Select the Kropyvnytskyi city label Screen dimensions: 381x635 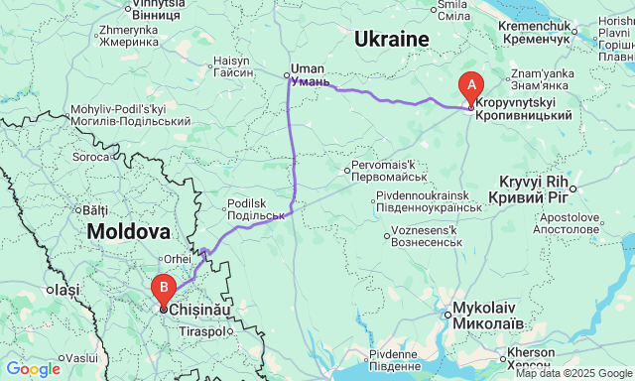[x=523, y=109]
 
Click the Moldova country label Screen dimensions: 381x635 [x=128, y=231]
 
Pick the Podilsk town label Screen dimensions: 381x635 [x=256, y=209]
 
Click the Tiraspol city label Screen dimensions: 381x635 [x=202, y=331]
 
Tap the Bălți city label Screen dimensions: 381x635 [x=94, y=210]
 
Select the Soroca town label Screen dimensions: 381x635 [x=91, y=157]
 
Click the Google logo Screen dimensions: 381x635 [x=32, y=369]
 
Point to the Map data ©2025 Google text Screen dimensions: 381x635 [x=572, y=373]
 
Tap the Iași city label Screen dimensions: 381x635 [x=66, y=290]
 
